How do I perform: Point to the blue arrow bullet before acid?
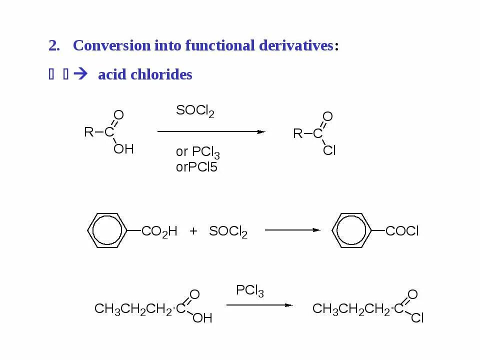(x=79, y=75)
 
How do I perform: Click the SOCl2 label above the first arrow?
(x=195, y=111)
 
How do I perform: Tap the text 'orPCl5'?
(x=196, y=167)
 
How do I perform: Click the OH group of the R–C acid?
(x=123, y=148)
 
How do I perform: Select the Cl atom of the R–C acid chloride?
(x=329, y=150)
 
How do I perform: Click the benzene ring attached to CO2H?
(x=107, y=230)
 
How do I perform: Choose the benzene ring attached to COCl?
(x=351, y=230)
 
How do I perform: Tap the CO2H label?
(x=159, y=231)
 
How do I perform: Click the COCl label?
(x=402, y=231)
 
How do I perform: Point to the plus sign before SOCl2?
(x=193, y=231)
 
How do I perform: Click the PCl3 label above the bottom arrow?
(x=249, y=291)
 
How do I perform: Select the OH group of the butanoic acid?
(x=202, y=318)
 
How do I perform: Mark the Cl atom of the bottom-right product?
(x=417, y=318)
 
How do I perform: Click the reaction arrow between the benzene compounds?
(x=292, y=230)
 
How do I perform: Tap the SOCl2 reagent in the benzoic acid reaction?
(x=228, y=232)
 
